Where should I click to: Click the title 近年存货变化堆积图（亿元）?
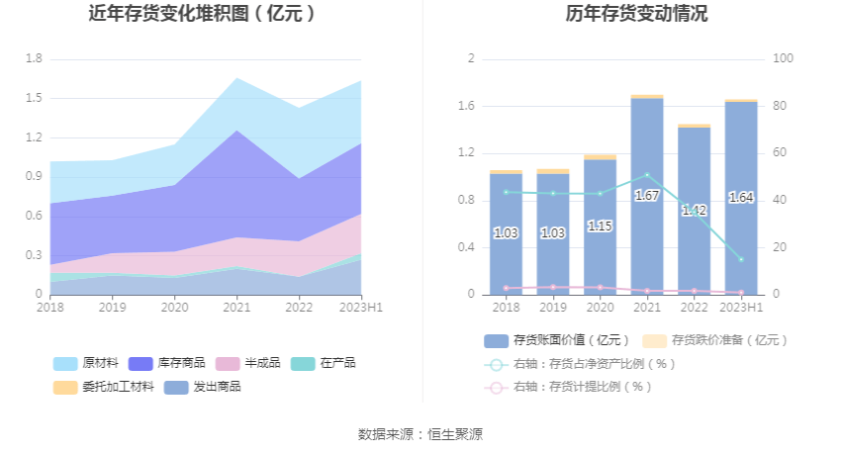203,14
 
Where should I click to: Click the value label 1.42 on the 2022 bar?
694,211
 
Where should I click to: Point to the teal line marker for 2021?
647,175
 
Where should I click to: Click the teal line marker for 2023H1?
741,259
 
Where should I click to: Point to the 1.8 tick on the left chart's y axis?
34,59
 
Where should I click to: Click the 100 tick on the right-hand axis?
783,59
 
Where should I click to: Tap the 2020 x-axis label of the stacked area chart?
175,308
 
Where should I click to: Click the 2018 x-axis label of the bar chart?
506,308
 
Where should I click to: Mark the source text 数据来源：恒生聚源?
420,434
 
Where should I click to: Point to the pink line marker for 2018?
506,288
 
